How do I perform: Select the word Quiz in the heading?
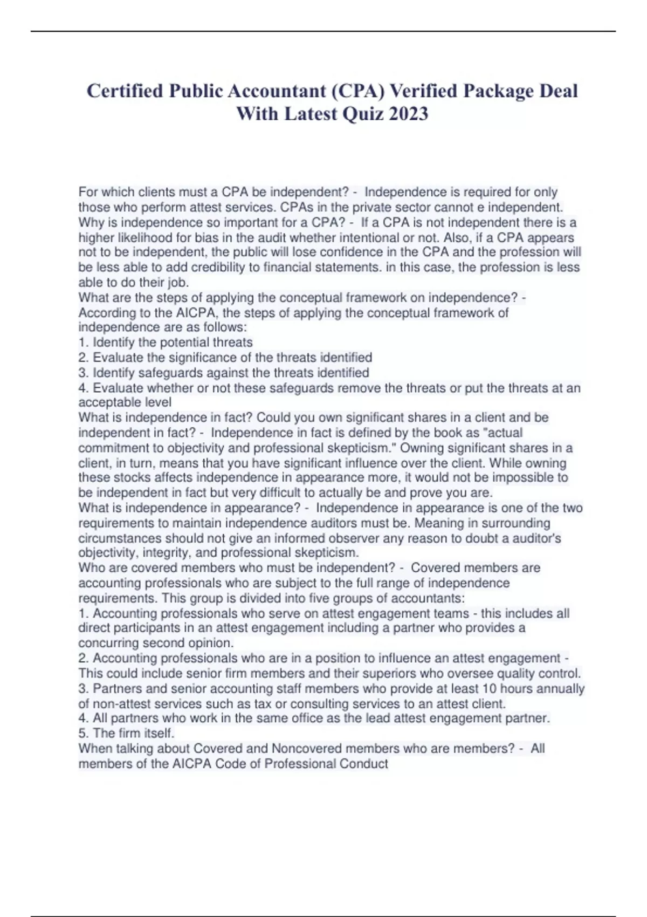click(x=364, y=114)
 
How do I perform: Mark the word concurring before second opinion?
click(x=105, y=643)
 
